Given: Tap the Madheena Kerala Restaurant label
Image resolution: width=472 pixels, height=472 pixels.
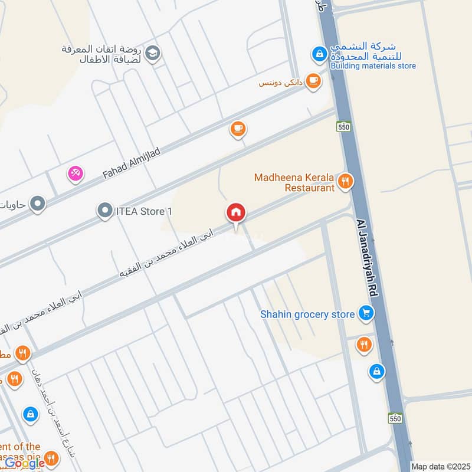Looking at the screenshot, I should click(294, 182).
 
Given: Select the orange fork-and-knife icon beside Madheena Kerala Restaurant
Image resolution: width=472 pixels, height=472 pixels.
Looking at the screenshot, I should click(346, 181).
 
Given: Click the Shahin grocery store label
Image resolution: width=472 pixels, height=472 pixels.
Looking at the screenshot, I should click(307, 314).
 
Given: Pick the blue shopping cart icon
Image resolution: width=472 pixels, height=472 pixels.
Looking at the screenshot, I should click(366, 314).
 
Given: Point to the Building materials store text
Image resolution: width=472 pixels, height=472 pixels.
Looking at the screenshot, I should click(373, 66).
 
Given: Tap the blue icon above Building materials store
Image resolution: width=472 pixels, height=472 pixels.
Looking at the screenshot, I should click(319, 54).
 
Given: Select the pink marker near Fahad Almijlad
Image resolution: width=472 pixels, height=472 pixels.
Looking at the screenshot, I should click(76, 173).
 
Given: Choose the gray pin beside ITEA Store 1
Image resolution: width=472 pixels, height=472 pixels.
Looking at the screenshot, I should click(105, 211).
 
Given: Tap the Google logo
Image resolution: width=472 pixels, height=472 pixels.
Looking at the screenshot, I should click(25, 463).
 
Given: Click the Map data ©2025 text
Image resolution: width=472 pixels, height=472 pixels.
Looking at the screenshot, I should click(440, 466).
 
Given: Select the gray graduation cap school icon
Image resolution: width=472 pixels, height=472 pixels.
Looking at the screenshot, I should click(153, 53).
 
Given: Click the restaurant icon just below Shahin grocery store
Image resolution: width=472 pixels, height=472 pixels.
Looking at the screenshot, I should click(364, 344).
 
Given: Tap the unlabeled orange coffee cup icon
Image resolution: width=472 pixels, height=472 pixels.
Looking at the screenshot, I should click(238, 128).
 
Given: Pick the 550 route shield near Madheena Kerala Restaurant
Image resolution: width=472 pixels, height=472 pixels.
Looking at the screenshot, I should click(344, 126).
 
